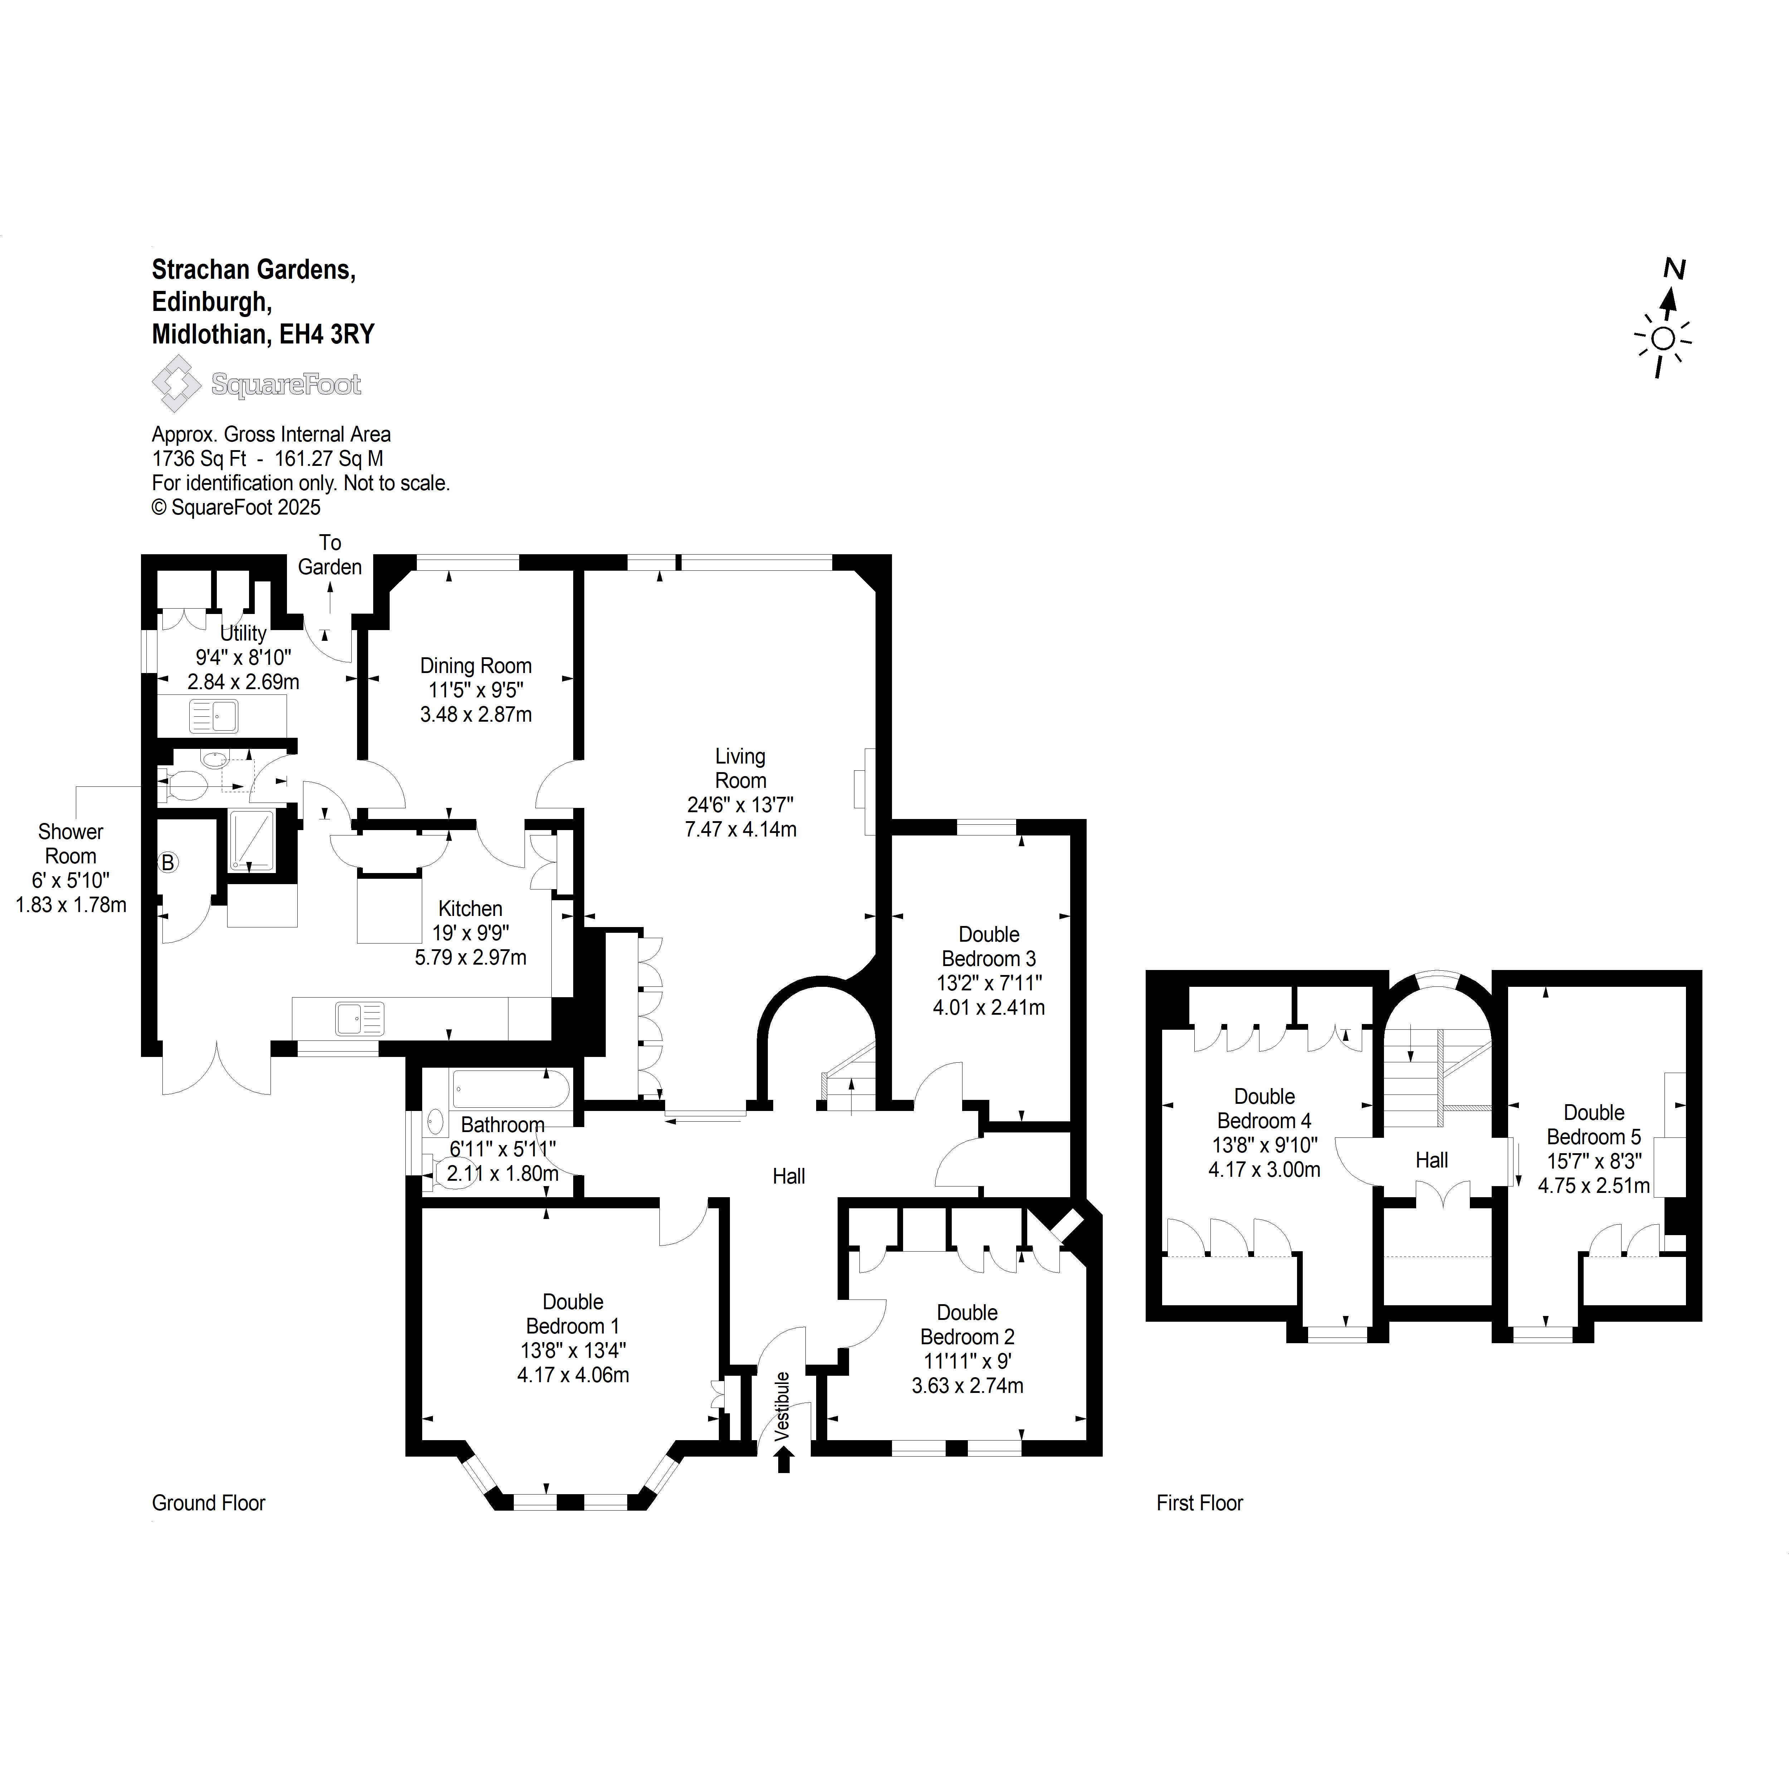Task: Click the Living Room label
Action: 740,769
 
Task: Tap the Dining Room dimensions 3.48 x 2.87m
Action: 476,715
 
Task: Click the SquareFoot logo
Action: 257,383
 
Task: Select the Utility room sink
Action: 213,716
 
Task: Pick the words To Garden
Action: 330,555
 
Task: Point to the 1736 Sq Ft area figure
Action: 199,458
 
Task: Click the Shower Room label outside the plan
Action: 70,844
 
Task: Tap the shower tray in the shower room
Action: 252,841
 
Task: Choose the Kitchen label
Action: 471,908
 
